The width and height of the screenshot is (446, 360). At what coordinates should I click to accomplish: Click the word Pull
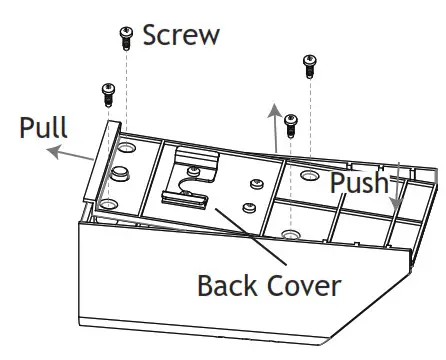tap(44, 128)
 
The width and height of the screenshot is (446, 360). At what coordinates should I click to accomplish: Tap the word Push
tap(358, 183)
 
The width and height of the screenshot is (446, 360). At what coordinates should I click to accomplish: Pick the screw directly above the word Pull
tap(107, 95)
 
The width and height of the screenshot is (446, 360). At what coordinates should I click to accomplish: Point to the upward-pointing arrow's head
tap(271, 107)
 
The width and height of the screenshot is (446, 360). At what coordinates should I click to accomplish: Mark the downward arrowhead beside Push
tap(397, 203)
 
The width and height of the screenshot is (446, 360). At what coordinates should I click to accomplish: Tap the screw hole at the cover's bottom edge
tap(290, 234)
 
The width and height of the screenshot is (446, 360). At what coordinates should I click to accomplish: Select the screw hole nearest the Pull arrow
tap(126, 149)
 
